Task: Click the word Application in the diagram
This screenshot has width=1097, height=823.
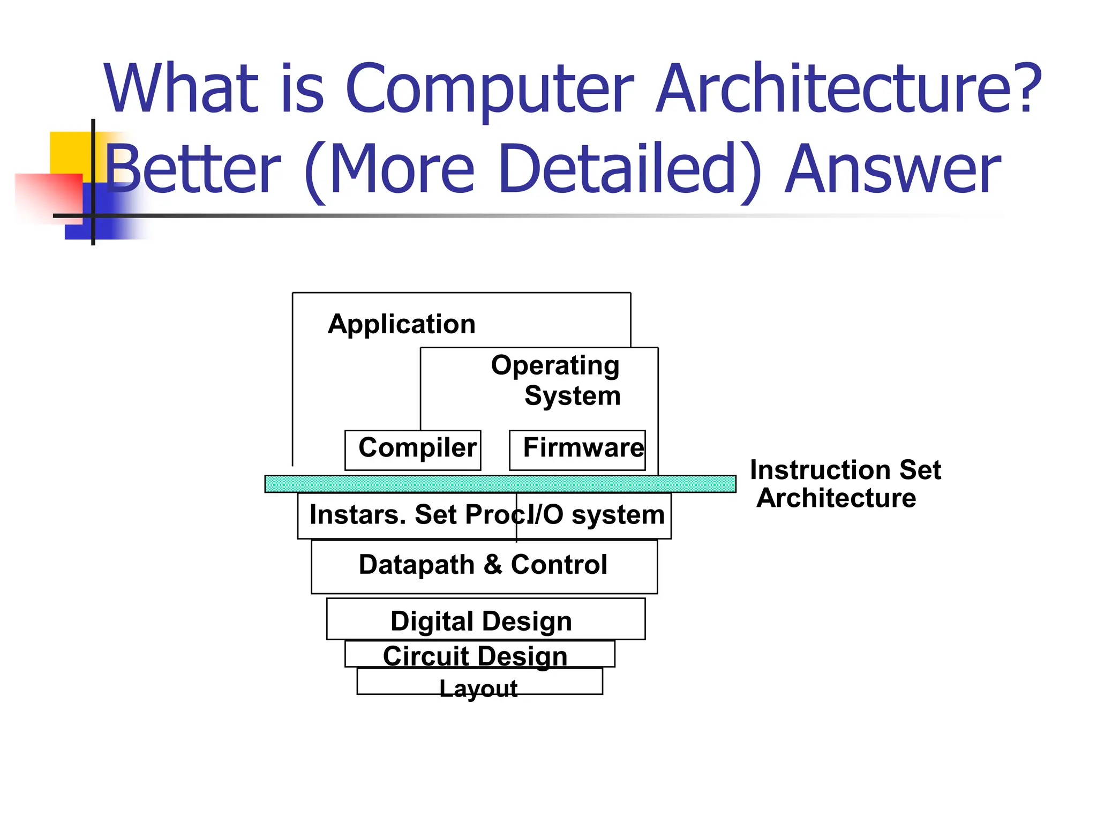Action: coord(402,324)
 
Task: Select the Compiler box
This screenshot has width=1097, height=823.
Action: coord(413,450)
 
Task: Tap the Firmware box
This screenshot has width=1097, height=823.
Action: coord(577,450)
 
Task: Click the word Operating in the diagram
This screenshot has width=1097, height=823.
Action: coord(555,366)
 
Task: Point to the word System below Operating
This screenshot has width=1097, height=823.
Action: coord(572,396)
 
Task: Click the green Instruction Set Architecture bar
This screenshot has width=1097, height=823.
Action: coord(500,484)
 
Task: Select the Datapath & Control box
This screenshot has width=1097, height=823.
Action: coord(484,565)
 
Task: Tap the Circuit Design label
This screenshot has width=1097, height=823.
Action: coord(475,656)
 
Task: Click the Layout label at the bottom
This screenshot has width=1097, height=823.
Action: coord(478,688)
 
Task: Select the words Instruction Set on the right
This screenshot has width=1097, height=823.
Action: coord(845,470)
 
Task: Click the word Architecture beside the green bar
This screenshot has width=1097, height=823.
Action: coord(836,498)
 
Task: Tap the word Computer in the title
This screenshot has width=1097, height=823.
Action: coord(490,88)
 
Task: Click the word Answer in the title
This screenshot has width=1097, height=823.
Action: coord(892,168)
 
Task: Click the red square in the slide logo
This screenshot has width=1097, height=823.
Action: coord(48,196)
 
